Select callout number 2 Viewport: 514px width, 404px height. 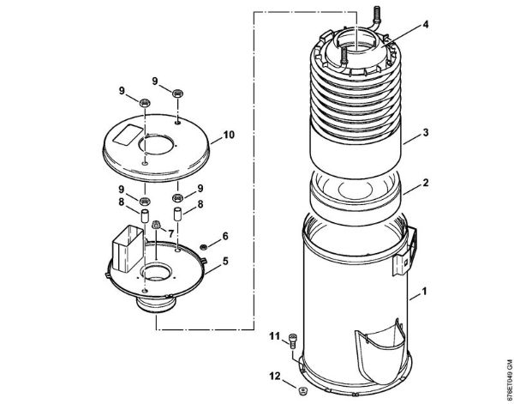click(426, 184)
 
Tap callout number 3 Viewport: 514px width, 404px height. click(426, 135)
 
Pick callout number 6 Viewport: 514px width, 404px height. click(226, 236)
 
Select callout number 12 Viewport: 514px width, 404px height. click(274, 374)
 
